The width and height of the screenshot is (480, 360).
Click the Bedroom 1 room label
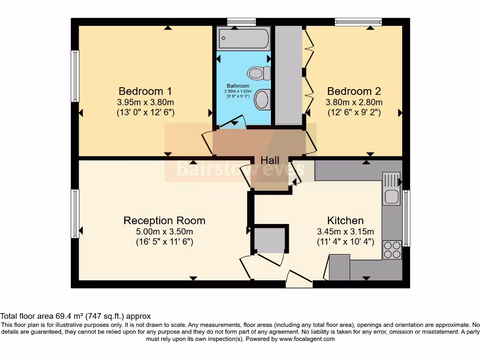(145, 91)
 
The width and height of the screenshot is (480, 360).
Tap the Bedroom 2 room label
(354, 91)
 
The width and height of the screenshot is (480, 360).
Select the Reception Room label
(164, 220)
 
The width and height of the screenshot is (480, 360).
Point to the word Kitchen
(345, 220)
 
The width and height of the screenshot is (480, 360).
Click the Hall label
(270, 161)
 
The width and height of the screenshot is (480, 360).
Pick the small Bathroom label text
(238, 86)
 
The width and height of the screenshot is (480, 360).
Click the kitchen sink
(390, 189)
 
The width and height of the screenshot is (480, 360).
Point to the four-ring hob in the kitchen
(392, 249)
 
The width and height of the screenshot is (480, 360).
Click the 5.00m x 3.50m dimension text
(164, 232)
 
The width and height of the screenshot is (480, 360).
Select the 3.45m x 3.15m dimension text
(345, 232)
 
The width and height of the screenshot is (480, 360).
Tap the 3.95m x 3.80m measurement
(145, 102)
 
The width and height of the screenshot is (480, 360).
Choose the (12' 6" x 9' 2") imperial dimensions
(354, 112)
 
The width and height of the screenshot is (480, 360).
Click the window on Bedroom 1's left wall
(75, 76)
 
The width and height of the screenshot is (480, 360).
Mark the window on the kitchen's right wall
(406, 218)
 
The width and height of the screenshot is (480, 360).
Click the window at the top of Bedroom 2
(358, 22)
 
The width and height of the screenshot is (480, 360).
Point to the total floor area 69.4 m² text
(75, 316)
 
